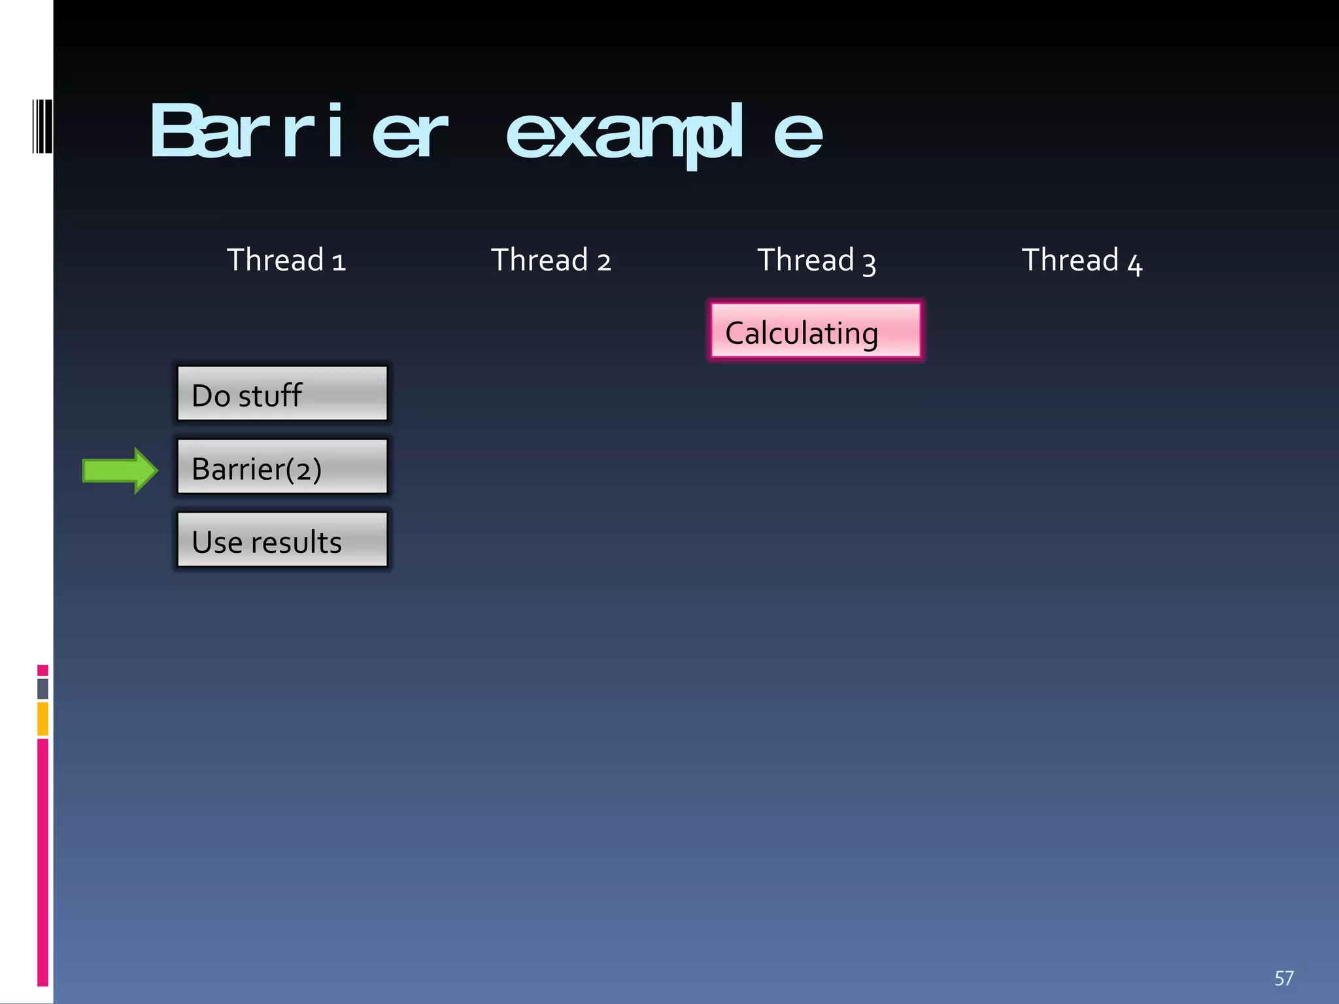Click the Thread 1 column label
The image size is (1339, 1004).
click(x=286, y=260)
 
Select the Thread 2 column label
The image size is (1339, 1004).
click(x=551, y=260)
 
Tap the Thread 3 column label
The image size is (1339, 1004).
click(x=816, y=260)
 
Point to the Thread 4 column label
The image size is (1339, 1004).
click(x=1081, y=260)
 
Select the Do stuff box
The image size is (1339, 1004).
click(x=282, y=393)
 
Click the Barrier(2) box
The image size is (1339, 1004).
click(x=282, y=467)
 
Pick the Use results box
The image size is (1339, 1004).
click(x=282, y=540)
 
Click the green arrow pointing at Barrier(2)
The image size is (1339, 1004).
click(x=120, y=471)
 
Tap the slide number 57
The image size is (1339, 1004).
click(x=1283, y=978)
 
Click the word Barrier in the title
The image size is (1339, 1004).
click(x=298, y=131)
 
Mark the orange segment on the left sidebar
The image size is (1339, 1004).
click(x=42, y=718)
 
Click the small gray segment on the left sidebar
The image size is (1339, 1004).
click(x=42, y=688)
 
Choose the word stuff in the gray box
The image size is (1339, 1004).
click(x=269, y=395)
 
